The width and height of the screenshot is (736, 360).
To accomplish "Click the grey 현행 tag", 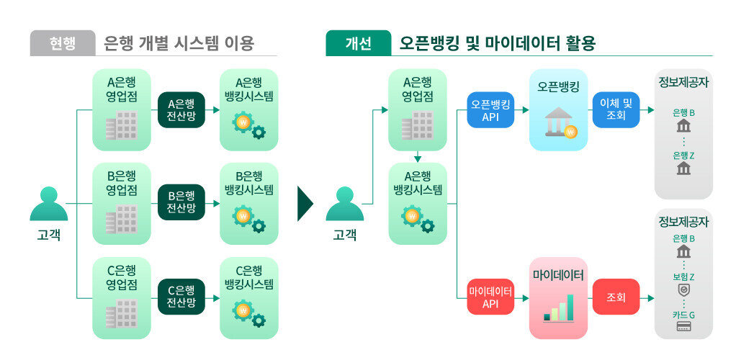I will (62, 43).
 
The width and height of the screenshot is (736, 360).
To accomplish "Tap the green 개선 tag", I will (358, 43).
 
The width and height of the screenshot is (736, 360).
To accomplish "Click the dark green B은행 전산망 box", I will (181, 202).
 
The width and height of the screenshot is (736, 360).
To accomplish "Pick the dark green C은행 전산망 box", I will (181, 297).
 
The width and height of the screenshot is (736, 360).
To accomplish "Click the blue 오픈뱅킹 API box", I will (490, 109).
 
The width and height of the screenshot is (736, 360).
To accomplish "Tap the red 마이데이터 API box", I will (490, 297).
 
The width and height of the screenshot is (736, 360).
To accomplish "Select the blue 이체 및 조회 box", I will (616, 109).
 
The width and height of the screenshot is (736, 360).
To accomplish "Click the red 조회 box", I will (616, 297).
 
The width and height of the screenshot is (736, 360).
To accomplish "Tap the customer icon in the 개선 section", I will (344, 204).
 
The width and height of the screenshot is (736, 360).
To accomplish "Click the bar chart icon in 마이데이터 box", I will (558, 308).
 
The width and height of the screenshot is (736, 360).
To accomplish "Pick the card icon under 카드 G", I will (683, 328).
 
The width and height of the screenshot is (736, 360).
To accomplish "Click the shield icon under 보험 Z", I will (683, 290).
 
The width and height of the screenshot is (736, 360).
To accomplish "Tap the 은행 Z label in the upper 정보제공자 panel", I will (683, 156).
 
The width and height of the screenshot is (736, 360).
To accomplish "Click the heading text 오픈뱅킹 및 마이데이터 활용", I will (497, 43).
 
